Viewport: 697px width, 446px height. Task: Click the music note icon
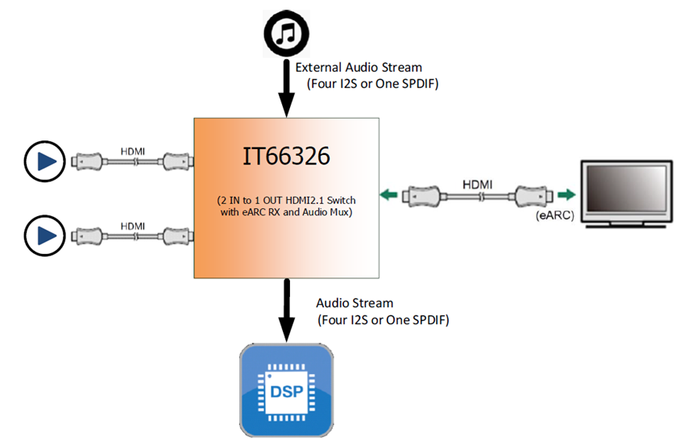click(286, 32)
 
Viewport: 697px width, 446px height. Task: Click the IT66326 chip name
click(286, 156)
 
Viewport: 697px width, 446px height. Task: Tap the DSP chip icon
click(287, 390)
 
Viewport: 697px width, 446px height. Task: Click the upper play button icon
click(39, 161)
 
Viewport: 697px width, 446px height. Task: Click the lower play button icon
click(39, 236)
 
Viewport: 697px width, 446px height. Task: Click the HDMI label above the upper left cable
click(133, 151)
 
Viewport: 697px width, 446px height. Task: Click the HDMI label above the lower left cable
click(133, 225)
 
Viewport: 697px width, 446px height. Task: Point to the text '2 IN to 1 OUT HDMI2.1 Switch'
click(286, 200)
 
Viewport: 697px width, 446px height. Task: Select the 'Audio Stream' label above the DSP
click(355, 303)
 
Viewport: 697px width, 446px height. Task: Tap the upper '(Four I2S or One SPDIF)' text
click(372, 83)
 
